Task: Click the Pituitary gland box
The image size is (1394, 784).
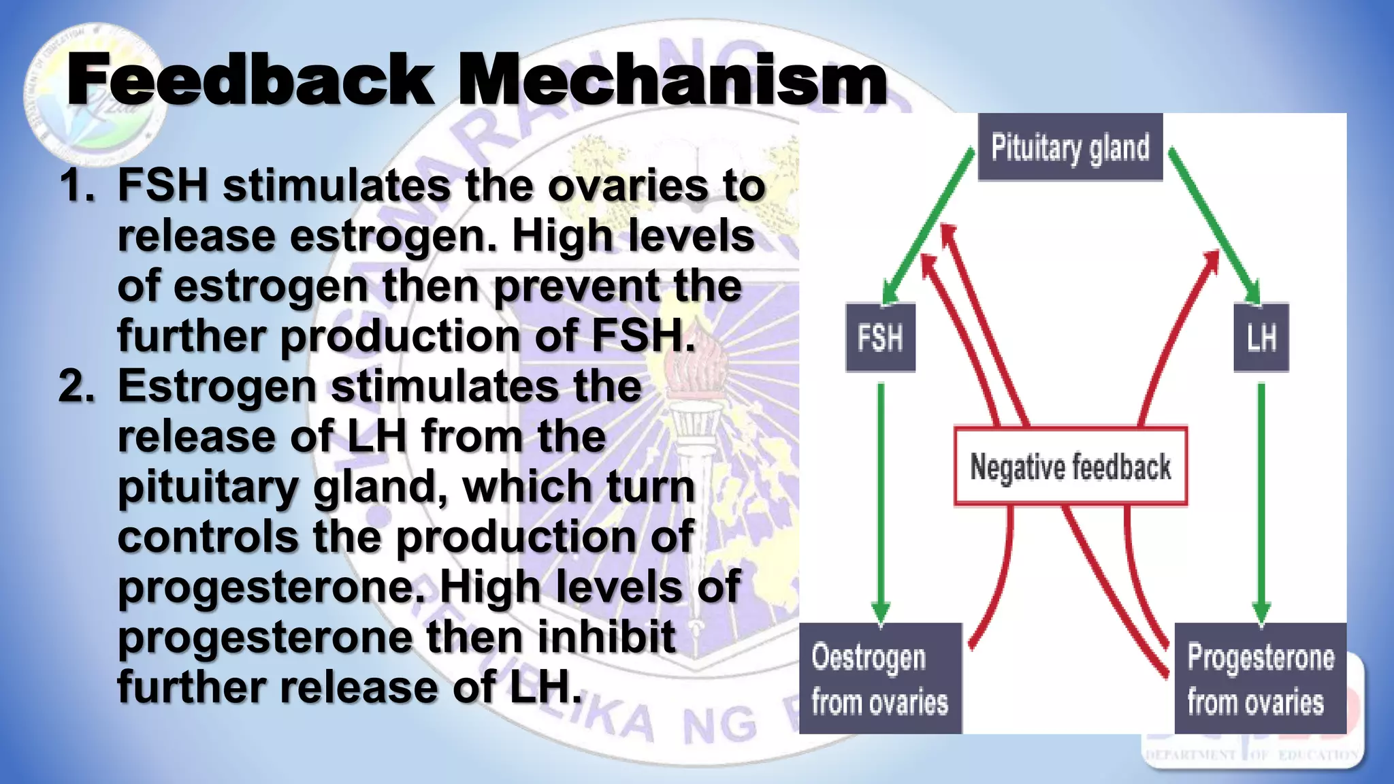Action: [1070, 147]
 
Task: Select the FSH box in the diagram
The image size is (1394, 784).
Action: [880, 338]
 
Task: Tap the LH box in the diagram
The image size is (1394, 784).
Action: [1261, 338]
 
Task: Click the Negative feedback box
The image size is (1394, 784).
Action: [1070, 467]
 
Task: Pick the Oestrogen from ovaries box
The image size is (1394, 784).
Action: [879, 679]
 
